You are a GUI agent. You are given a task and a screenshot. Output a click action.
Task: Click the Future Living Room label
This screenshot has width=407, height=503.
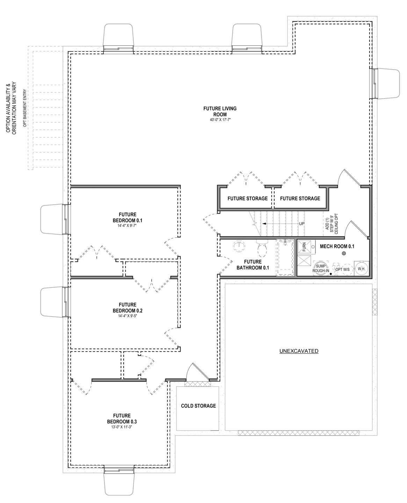click(220, 111)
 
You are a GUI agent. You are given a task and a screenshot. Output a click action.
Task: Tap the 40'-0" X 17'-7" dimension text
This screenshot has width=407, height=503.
click(220, 120)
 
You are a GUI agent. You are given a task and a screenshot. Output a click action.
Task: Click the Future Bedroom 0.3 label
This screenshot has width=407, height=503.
click(122, 418)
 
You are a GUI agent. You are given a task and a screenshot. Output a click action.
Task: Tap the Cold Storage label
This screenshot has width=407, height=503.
click(198, 406)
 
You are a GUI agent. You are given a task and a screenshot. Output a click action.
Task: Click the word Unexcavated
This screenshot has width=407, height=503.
click(299, 351)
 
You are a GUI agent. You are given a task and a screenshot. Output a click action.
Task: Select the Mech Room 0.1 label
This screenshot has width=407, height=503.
click(337, 246)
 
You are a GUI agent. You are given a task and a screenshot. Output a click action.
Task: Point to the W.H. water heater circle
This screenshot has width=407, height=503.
click(361, 268)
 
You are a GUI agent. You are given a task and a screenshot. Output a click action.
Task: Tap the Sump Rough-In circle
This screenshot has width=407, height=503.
click(320, 268)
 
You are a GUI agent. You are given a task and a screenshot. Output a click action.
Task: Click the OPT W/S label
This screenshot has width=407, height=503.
click(341, 269)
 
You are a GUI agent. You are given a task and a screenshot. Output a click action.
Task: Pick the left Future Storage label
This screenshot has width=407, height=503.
click(247, 199)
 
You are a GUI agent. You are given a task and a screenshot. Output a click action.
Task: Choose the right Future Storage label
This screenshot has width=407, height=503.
click(300, 199)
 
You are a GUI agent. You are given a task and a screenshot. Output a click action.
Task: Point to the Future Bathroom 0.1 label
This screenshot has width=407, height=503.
click(253, 265)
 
